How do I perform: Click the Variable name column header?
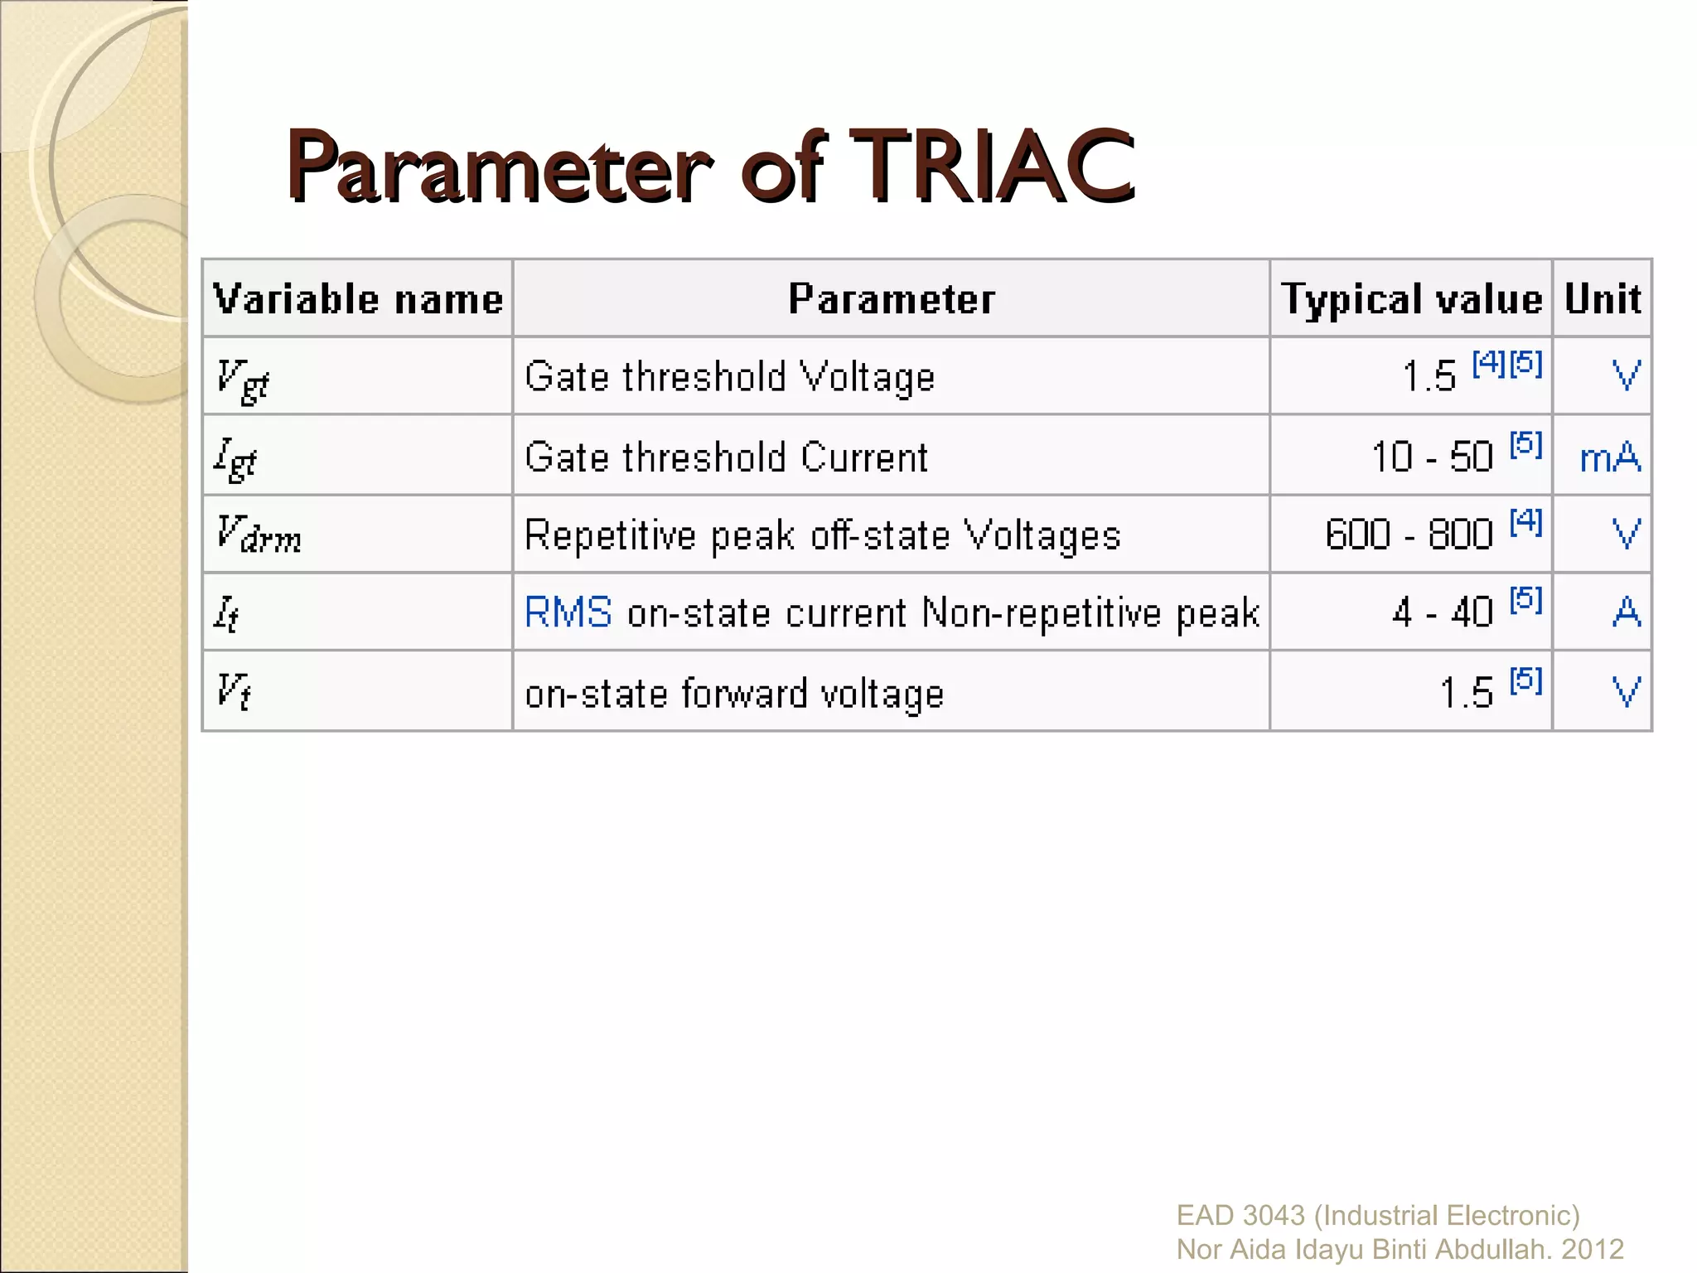pyautogui.click(x=358, y=299)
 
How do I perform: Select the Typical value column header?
pyautogui.click(x=1411, y=299)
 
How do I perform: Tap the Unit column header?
pyautogui.click(x=1603, y=299)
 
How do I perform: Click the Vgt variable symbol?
pyautogui.click(x=242, y=380)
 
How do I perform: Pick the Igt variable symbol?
pyautogui.click(x=235, y=459)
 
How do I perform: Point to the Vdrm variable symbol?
pyautogui.click(x=258, y=535)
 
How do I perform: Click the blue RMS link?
pyautogui.click(x=568, y=613)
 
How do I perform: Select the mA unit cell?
pyautogui.click(x=1609, y=458)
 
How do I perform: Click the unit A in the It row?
pyautogui.click(x=1627, y=613)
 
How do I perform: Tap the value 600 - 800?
pyautogui.click(x=1409, y=535)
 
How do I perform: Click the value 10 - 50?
pyautogui.click(x=1432, y=457)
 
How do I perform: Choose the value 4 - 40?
pyautogui.click(x=1442, y=613)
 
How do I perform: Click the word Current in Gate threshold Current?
pyautogui.click(x=864, y=458)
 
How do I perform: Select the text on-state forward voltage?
pyautogui.click(x=734, y=694)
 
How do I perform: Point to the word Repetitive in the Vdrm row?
pyautogui.click(x=611, y=536)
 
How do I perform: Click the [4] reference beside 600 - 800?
pyautogui.click(x=1525, y=521)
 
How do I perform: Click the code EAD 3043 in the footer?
pyautogui.click(x=1240, y=1216)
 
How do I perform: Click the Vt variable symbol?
pyautogui.click(x=232, y=690)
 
